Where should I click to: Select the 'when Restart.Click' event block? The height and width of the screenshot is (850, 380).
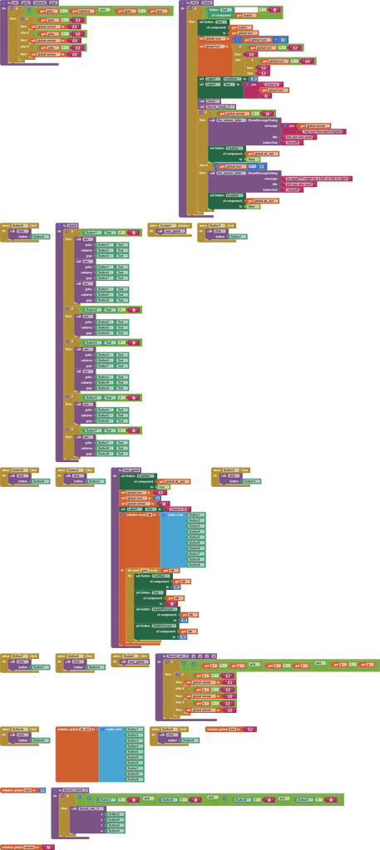tap(129, 656)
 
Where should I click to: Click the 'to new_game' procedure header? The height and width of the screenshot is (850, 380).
tap(129, 470)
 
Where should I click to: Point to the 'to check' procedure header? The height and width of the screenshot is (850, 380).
tap(68, 224)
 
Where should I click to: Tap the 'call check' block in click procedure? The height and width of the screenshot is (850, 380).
tap(207, 101)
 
